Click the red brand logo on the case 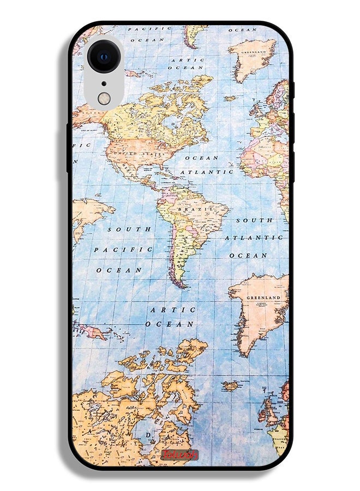click(180, 455)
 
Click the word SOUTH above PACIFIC click(129, 230)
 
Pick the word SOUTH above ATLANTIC click(254, 220)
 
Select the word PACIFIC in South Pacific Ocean click(123, 249)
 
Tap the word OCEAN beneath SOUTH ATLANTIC click(248, 255)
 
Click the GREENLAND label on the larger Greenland click(263, 298)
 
